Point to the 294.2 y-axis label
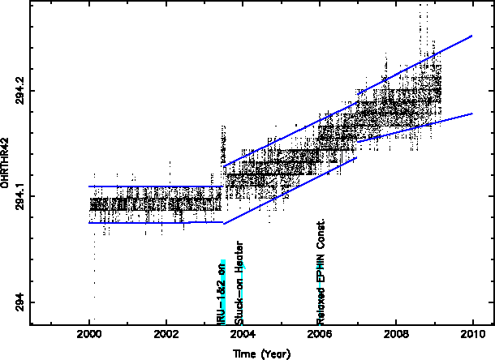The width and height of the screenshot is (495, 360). coord(17,88)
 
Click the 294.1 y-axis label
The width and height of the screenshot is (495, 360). coord(17,195)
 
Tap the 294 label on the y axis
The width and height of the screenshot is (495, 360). coord(17,302)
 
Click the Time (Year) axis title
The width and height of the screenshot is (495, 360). coord(261,353)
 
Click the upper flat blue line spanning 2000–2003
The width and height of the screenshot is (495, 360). coord(154,186)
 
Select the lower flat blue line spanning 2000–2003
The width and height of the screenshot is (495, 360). coord(154,222)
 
